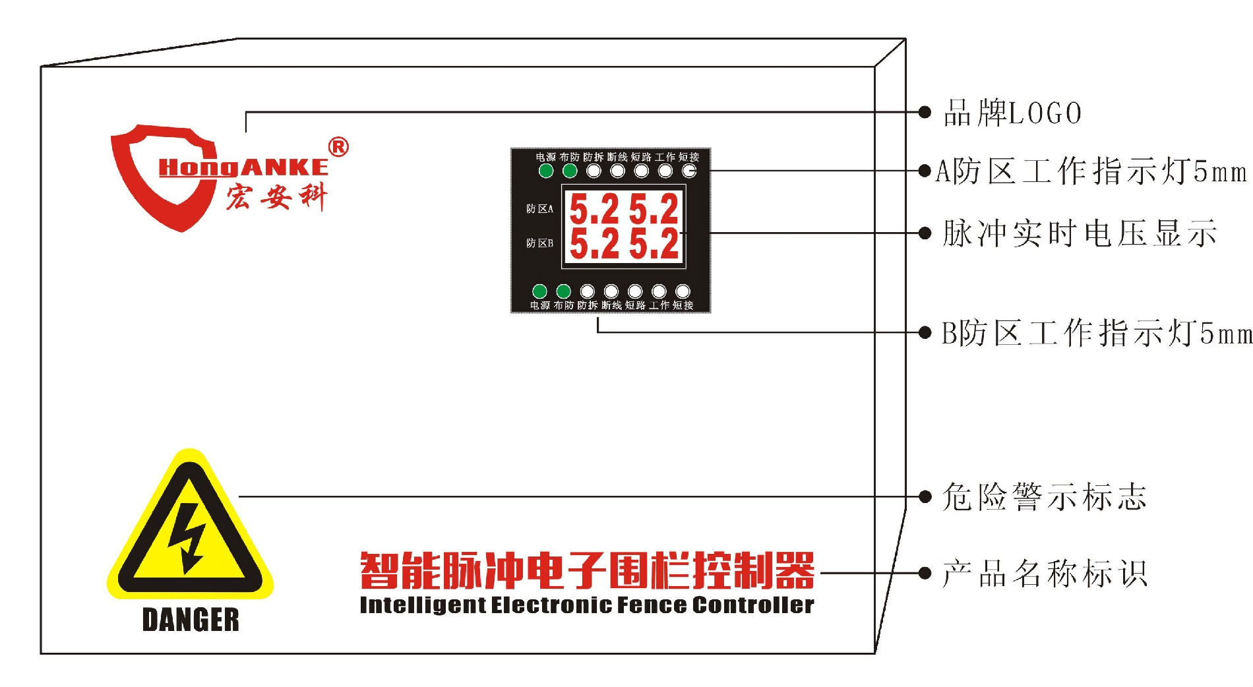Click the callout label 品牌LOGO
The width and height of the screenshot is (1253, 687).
[1012, 113]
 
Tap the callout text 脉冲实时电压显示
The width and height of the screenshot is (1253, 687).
[1079, 233]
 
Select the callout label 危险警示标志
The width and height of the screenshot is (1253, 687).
[1044, 497]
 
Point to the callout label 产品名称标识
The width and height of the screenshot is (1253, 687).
[1045, 574]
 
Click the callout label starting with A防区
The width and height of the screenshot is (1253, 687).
[1091, 171]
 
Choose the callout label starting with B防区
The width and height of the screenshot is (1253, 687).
[1095, 333]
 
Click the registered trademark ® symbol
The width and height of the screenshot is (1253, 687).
[338, 147]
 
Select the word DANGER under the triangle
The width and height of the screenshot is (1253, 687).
[191, 620]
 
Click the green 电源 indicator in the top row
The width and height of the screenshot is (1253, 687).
[546, 171]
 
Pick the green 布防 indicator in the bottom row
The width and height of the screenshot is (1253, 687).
[563, 291]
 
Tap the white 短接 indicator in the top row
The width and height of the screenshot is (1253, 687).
[688, 171]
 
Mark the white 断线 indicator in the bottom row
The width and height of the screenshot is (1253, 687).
[611, 291]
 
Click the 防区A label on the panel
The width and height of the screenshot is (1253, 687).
[539, 209]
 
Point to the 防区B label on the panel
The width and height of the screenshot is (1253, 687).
[539, 243]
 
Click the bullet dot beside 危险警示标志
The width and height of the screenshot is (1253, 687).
[925, 496]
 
